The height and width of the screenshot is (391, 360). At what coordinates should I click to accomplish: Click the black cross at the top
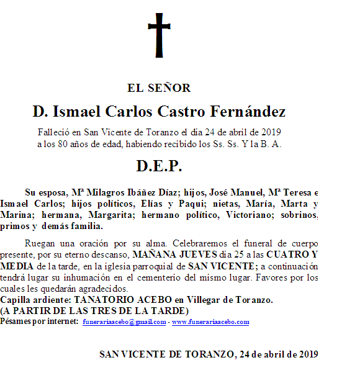pyautogui.click(x=158, y=34)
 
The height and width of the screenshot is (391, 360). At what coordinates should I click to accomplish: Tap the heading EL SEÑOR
pyautogui.click(x=159, y=88)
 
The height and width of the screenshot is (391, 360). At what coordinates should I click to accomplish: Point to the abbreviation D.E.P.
pyautogui.click(x=159, y=166)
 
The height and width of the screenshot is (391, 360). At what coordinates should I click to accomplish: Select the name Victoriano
pyautogui.click(x=254, y=215)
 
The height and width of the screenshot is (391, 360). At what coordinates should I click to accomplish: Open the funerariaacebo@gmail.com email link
pyautogui.click(x=124, y=322)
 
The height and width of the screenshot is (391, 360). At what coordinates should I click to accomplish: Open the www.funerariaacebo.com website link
pyautogui.click(x=210, y=322)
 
